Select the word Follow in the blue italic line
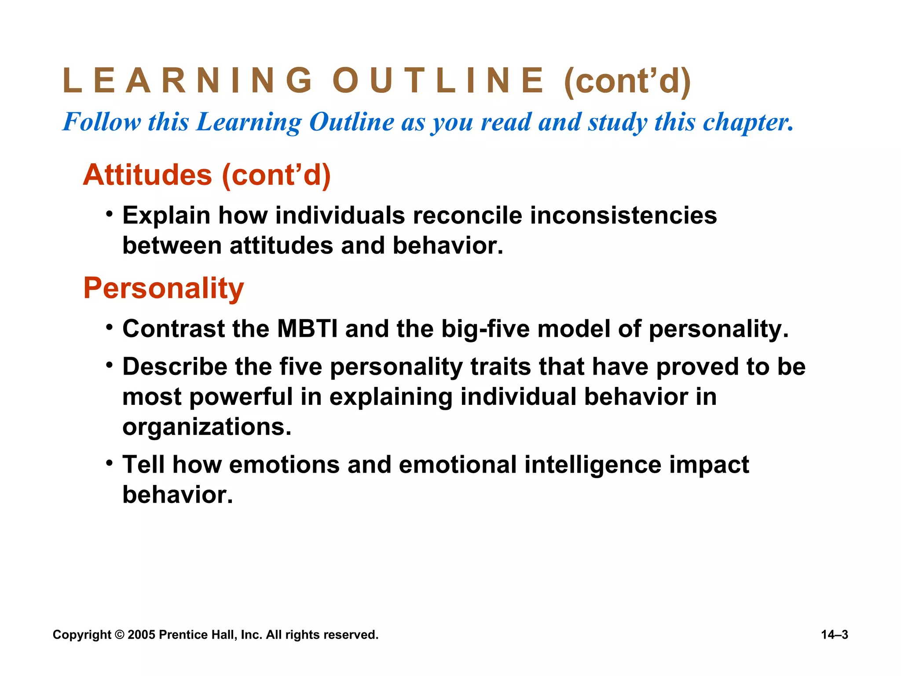(102, 122)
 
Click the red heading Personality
(164, 288)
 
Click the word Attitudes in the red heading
(148, 175)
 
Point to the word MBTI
(307, 329)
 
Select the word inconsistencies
(623, 216)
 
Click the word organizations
(207, 426)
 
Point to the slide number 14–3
(834, 635)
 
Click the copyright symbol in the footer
(119, 635)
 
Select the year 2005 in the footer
(141, 635)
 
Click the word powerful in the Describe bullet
(241, 397)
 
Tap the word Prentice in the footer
(182, 635)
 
